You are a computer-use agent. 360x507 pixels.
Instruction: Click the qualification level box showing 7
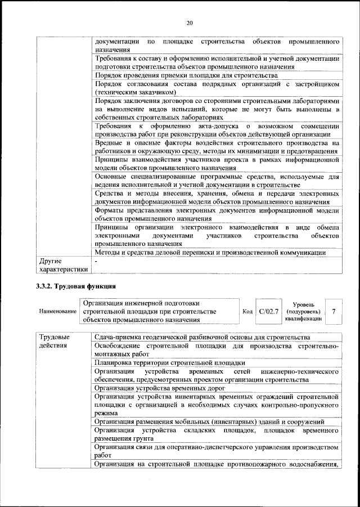(x=334, y=311)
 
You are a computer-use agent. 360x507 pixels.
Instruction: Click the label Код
(x=247, y=311)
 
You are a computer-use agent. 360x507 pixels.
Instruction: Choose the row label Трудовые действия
(x=55, y=341)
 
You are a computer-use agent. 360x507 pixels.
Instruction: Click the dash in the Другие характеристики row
(x=96, y=262)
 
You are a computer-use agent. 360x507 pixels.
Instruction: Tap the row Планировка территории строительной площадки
(x=170, y=363)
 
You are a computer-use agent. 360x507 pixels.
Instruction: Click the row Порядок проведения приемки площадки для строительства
(x=186, y=75)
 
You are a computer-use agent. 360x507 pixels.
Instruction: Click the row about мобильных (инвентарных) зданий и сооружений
(x=209, y=421)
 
